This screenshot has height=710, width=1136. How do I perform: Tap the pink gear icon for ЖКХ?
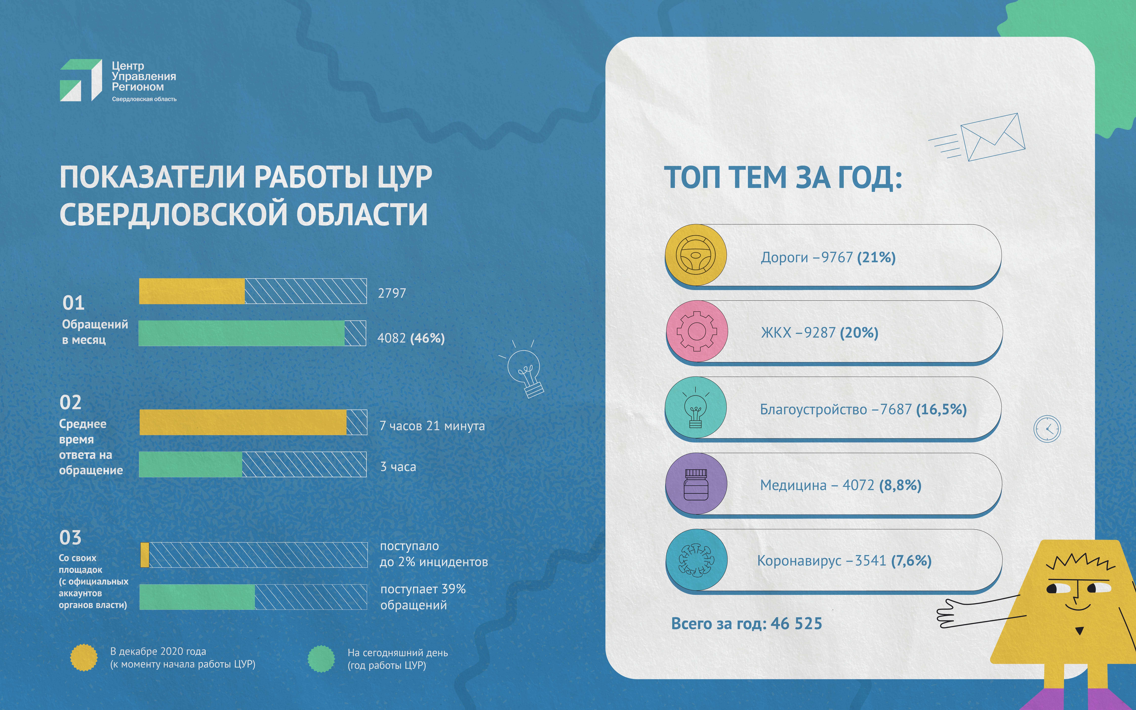click(x=697, y=331)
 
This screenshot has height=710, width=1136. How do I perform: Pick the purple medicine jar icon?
click(x=696, y=484)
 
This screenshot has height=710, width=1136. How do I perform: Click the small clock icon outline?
click(x=1047, y=429)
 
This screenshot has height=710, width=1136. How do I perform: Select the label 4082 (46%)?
click(x=411, y=338)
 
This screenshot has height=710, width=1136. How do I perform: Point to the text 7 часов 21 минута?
click(x=432, y=426)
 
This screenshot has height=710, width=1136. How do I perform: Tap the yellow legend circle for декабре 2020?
click(x=84, y=657)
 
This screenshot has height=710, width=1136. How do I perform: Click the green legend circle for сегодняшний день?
click(x=321, y=658)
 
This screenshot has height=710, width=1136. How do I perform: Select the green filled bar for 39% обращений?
click(x=197, y=597)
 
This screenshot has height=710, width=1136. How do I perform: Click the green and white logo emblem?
click(x=81, y=80)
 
